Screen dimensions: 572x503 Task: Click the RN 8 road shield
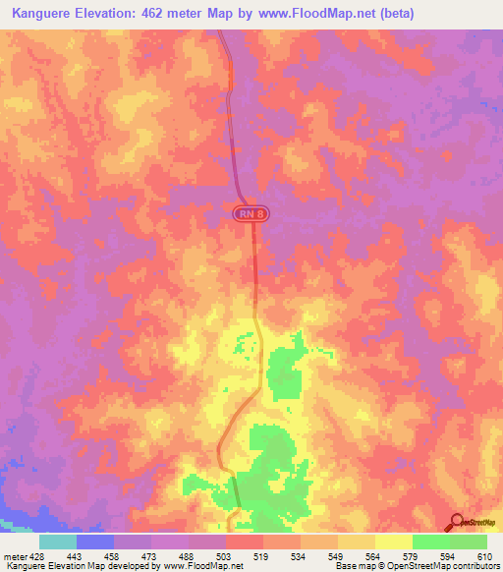click(251, 213)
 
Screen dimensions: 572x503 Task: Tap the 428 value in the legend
click(37, 555)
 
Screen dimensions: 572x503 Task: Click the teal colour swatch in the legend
click(58, 542)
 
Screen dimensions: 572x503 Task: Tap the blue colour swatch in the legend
click(95, 542)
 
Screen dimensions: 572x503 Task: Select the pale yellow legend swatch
click(394, 542)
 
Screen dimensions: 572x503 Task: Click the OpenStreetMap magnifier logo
click(459, 523)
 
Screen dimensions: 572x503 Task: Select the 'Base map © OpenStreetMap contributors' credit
click(416, 566)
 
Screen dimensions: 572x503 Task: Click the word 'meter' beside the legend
click(15, 555)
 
